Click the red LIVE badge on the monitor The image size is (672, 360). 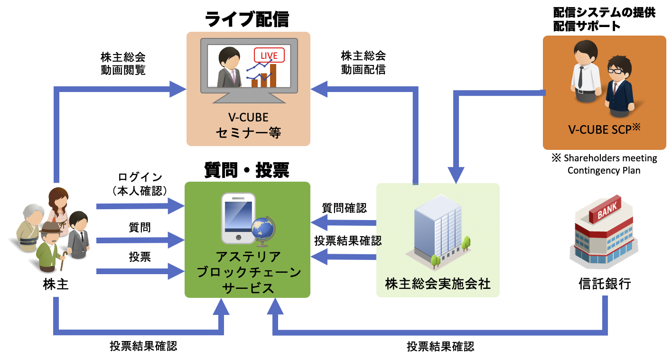coord(269,55)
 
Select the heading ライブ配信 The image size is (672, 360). coord(247,19)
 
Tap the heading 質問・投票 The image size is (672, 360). coord(247,170)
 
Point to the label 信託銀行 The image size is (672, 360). coord(605,284)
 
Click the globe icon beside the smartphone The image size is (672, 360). coord(262,231)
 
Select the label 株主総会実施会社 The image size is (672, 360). coord(438,284)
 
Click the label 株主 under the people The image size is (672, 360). coord(56,284)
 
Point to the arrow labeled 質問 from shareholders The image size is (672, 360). coord(140,240)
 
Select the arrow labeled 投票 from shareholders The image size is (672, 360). coord(140,271)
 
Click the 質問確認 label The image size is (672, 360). coord(345,208)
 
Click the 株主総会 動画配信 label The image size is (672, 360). coord(363,63)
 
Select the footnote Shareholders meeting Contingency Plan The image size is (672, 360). coord(604,164)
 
